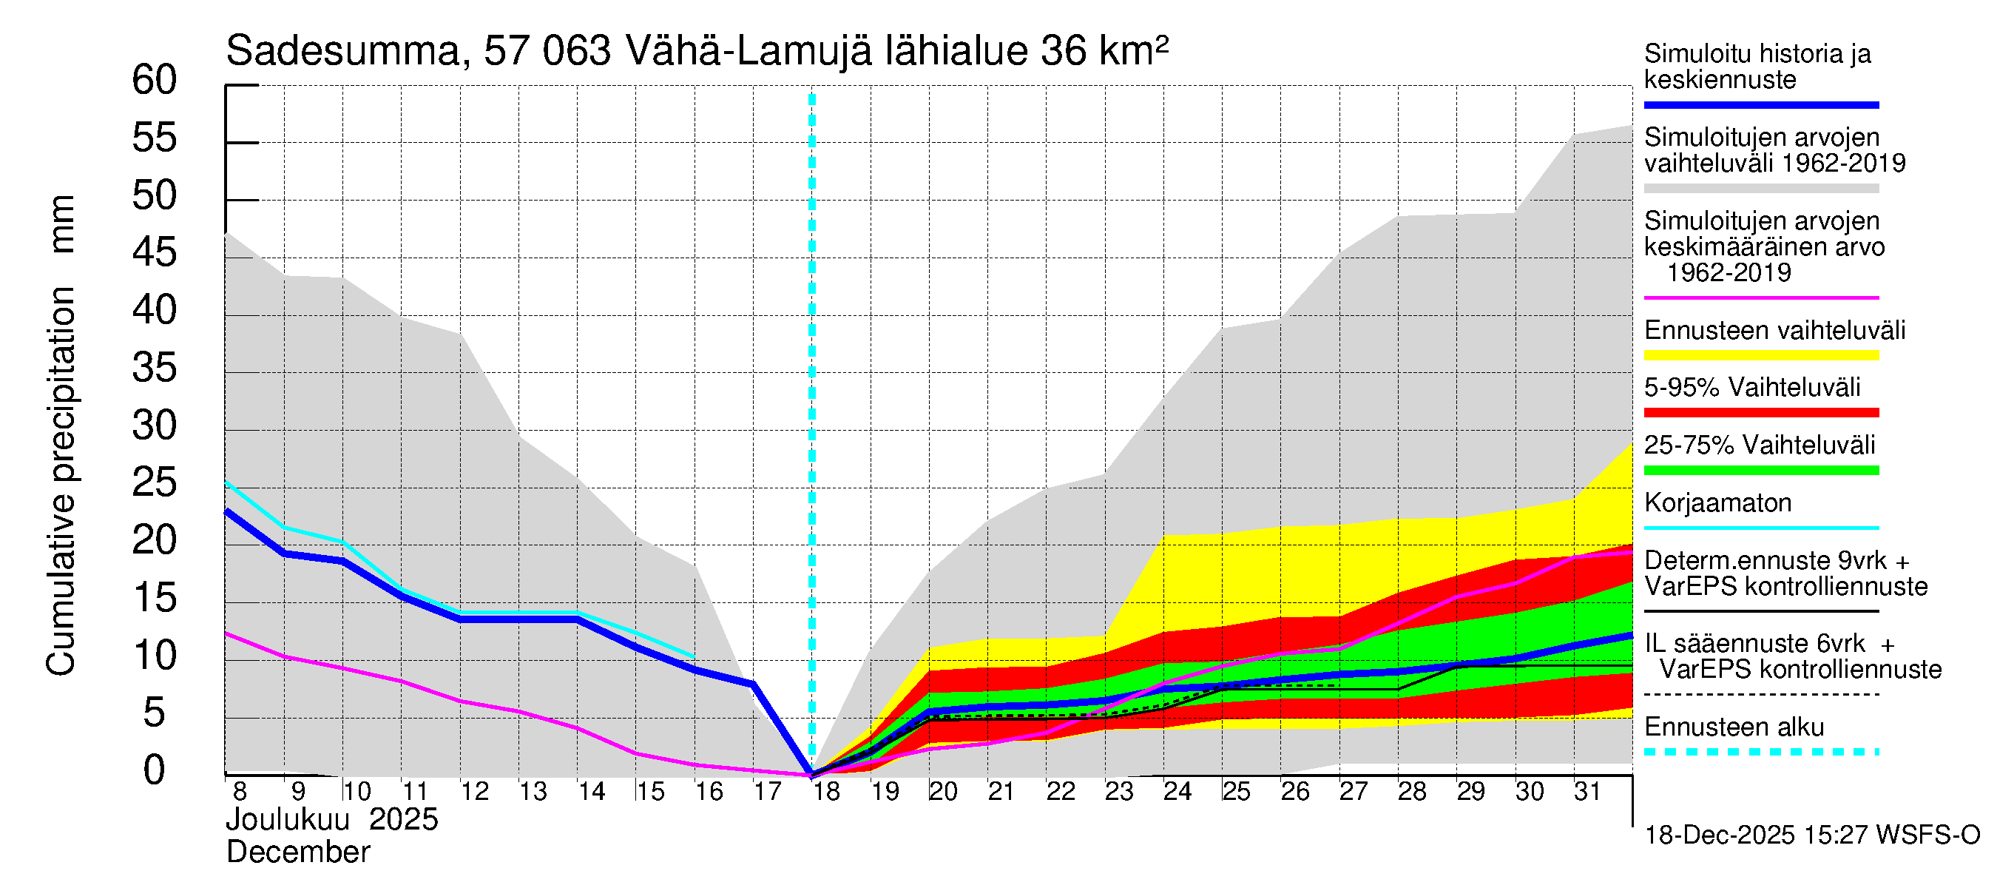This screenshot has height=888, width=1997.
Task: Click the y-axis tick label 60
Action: click(155, 80)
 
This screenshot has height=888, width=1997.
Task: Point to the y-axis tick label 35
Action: click(155, 369)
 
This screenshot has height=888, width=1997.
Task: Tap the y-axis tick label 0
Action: click(155, 771)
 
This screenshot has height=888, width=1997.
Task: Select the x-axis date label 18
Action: click(825, 792)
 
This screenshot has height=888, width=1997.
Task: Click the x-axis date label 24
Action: click(1177, 792)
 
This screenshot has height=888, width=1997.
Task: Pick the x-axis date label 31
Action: click(1587, 792)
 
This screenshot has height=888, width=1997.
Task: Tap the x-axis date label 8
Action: click(240, 792)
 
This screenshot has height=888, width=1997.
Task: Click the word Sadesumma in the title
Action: click(343, 51)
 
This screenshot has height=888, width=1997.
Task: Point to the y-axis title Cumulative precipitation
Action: click(61, 481)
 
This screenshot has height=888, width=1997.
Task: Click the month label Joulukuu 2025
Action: click(332, 820)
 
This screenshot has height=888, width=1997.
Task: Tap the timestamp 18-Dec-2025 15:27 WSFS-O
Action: click(1811, 835)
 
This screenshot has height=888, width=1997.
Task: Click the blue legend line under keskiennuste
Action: click(1760, 104)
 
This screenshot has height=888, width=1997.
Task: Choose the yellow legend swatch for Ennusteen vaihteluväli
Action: click(1760, 356)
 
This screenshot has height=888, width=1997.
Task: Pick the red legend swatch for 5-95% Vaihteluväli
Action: click(1760, 414)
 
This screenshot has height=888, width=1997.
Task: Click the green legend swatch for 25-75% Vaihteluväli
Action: click(1760, 471)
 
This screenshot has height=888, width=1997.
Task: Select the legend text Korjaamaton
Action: click(1717, 503)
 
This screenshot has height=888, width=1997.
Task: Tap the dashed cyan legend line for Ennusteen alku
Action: click(1760, 753)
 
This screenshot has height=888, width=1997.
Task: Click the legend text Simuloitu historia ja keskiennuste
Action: click(1757, 67)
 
